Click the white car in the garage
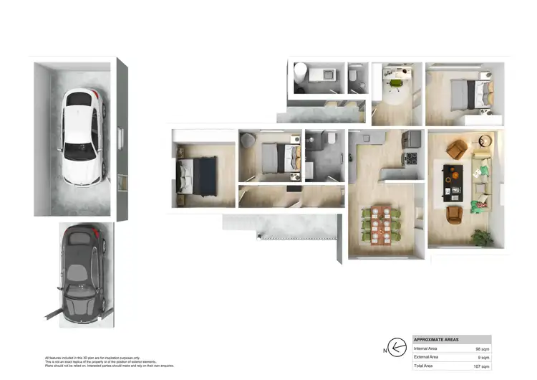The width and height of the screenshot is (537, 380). [82, 127]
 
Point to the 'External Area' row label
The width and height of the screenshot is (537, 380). [428, 357]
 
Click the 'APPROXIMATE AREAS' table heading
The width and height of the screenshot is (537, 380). [437, 339]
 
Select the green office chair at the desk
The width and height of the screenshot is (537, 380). [395, 83]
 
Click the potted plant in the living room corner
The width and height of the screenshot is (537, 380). [484, 236]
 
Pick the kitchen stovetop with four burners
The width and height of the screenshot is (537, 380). [411, 158]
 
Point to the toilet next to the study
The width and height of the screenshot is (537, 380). [354, 74]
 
